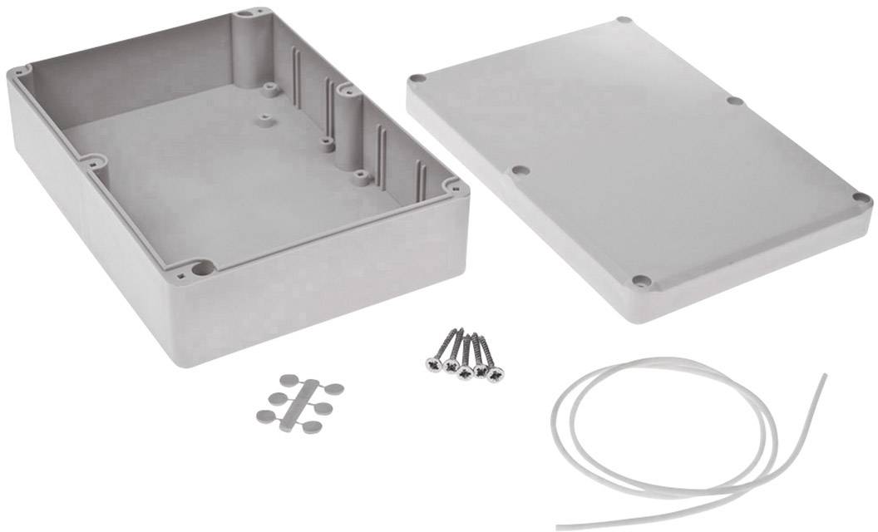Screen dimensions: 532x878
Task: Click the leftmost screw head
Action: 434,367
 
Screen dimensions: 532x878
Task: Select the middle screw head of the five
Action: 465,371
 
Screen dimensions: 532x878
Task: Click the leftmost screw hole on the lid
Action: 417,80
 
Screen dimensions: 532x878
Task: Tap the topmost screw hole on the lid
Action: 624,21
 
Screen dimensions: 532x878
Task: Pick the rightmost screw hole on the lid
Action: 861,199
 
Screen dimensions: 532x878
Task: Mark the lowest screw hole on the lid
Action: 639,281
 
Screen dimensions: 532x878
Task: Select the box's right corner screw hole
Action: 451,186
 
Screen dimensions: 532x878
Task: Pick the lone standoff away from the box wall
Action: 265,118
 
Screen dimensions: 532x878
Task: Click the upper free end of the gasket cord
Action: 825,375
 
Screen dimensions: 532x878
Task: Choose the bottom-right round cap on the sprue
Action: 312,426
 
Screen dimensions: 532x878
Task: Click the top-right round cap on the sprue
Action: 333,387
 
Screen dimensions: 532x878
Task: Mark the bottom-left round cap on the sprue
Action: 264,414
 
